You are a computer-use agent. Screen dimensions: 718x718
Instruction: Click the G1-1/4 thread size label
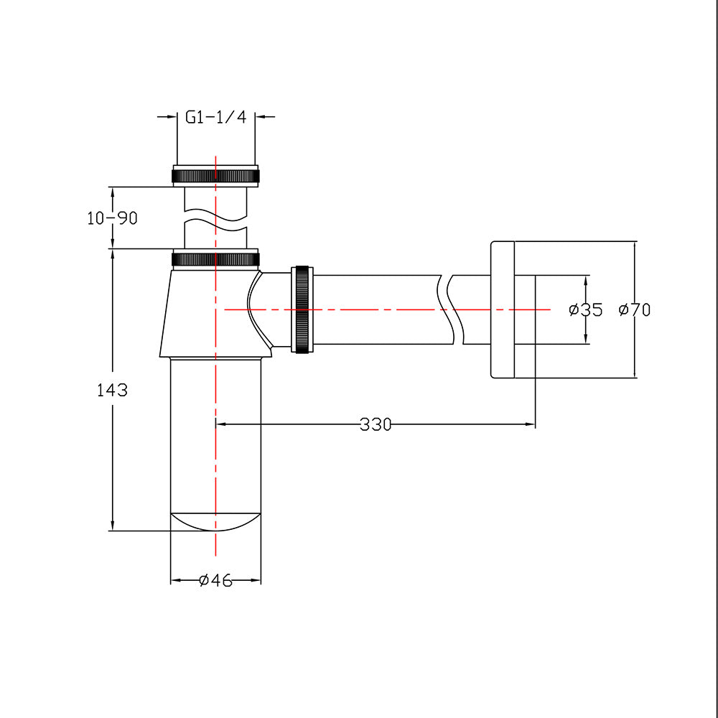[215, 117]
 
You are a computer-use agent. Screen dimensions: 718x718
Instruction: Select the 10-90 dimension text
[112, 218]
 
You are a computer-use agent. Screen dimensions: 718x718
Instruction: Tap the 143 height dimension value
[112, 391]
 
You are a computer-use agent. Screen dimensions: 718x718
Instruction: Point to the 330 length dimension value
[376, 424]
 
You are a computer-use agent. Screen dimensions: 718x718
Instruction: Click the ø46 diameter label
[215, 580]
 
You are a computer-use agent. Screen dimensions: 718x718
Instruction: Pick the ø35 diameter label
[585, 310]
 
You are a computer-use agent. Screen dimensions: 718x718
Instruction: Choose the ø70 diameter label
[635, 310]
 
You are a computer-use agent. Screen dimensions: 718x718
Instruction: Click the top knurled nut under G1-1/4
[215, 175]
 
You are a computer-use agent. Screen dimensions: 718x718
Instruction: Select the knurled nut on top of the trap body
[215, 258]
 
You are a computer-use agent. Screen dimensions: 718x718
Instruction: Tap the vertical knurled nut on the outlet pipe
[302, 309]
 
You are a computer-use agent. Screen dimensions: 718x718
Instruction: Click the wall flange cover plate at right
[503, 309]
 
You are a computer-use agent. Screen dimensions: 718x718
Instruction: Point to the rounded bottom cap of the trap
[215, 521]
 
